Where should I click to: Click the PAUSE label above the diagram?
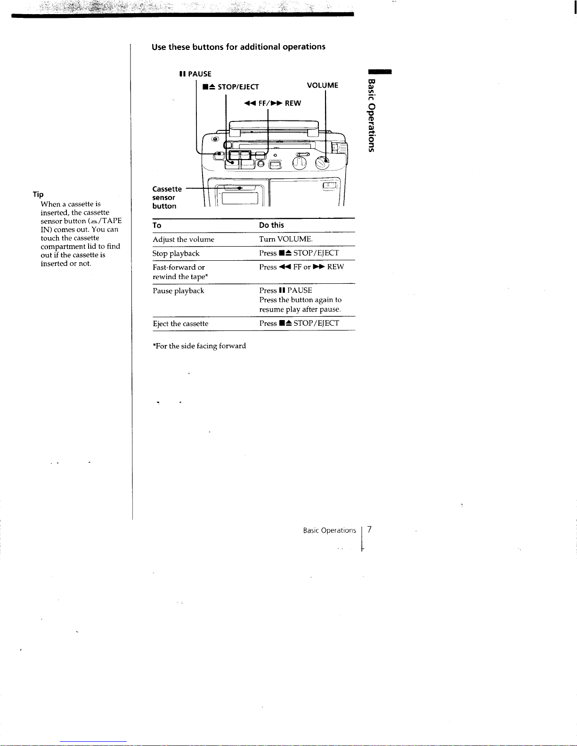pyautogui.click(x=195, y=74)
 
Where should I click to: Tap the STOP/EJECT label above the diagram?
pyautogui.click(x=231, y=87)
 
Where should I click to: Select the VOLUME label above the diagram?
pyautogui.click(x=322, y=85)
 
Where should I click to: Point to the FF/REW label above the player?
pyautogui.click(x=273, y=104)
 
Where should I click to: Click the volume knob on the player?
pyautogui.click(x=322, y=163)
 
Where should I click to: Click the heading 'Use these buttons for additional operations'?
pyautogui.click(x=238, y=47)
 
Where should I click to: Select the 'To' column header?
pyautogui.click(x=157, y=225)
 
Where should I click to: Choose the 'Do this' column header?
pyautogui.click(x=271, y=225)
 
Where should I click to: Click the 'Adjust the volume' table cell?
pyautogui.click(x=183, y=240)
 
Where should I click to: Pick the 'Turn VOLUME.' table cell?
pyautogui.click(x=285, y=239)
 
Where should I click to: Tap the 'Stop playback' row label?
pyautogui.click(x=176, y=254)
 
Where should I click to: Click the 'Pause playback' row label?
pyautogui.click(x=179, y=291)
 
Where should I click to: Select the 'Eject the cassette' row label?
pyautogui.click(x=180, y=324)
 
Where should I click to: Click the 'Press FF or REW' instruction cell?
pyautogui.click(x=301, y=267)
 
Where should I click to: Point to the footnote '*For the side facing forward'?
pyautogui.click(x=199, y=346)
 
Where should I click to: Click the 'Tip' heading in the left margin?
pyautogui.click(x=38, y=194)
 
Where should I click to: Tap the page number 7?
pyautogui.click(x=370, y=530)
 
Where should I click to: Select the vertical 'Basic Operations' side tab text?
pyautogui.click(x=372, y=116)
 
